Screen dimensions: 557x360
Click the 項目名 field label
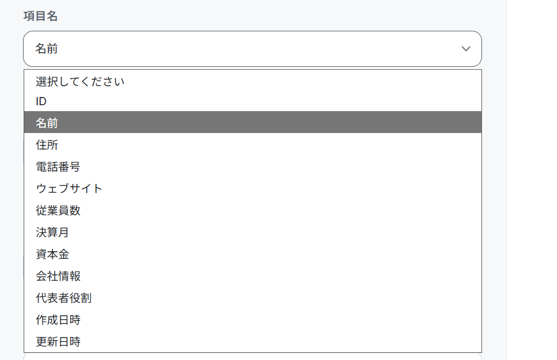[41, 16]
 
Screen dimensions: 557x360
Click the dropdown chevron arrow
[465, 48]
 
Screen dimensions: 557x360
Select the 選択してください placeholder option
[80, 82]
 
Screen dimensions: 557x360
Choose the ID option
[41, 101]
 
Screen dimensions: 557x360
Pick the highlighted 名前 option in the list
[47, 123]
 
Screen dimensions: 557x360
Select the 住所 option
[47, 145]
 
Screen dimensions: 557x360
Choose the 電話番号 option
[58, 167]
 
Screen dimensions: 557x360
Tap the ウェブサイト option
[69, 189]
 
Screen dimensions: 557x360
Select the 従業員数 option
[58, 210]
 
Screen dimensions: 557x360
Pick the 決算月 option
[52, 232]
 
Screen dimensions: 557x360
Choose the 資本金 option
[52, 254]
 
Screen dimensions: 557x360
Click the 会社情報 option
[58, 276]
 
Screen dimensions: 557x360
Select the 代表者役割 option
[64, 298]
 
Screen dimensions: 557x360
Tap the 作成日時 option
[58, 319]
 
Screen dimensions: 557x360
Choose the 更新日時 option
[58, 342]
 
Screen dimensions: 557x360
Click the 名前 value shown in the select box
[46, 48]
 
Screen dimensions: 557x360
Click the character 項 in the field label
[29, 16]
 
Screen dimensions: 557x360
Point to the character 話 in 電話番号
[53, 167]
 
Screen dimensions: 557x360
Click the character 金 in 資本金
[64, 254]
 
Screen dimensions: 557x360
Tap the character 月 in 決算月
[64, 232]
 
